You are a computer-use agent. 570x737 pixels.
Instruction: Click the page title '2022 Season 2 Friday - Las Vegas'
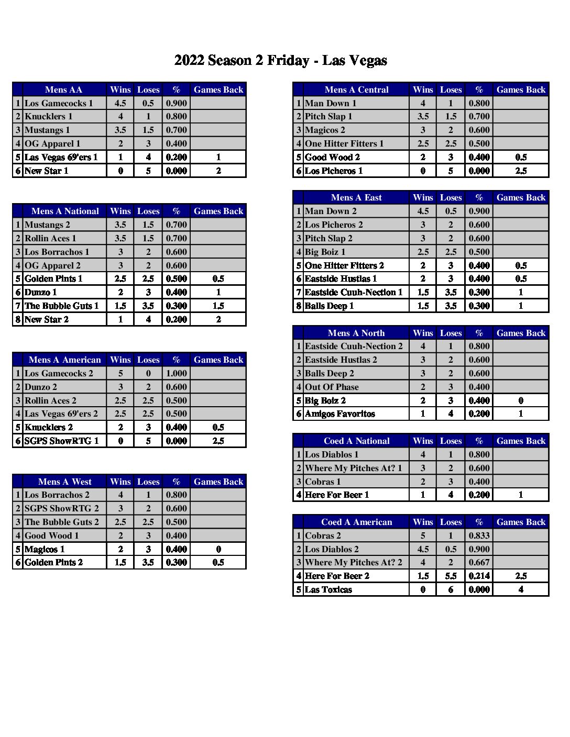(x=280, y=61)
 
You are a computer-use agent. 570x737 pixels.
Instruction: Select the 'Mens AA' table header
(x=63, y=90)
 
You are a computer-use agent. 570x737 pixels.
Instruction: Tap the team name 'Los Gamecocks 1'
(x=59, y=103)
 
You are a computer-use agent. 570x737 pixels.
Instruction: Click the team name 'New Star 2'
(x=47, y=319)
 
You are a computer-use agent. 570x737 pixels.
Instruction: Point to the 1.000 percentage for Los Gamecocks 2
(x=176, y=373)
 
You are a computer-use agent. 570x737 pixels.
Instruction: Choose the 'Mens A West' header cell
(x=64, y=482)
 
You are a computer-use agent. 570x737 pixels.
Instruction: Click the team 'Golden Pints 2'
(x=53, y=562)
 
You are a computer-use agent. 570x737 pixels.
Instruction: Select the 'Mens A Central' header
(x=356, y=90)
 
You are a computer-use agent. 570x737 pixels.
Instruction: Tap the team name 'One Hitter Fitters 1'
(x=344, y=143)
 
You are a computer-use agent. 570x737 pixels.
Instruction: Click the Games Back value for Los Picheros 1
(x=521, y=171)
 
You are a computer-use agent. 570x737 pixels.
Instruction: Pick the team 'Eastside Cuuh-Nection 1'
(x=354, y=292)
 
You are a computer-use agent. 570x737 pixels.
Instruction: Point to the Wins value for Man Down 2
(x=423, y=211)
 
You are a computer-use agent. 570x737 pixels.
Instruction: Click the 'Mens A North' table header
(x=356, y=333)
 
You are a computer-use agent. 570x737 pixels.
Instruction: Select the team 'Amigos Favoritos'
(x=340, y=414)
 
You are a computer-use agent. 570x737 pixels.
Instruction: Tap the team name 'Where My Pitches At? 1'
(x=354, y=468)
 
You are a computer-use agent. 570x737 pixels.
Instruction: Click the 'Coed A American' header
(x=356, y=522)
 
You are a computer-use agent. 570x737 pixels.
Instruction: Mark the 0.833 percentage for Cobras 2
(x=479, y=535)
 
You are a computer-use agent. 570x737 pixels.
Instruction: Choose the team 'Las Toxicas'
(x=328, y=589)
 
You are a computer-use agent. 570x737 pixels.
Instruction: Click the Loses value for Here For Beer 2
(x=451, y=576)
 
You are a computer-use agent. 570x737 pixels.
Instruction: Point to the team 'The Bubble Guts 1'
(x=61, y=306)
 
